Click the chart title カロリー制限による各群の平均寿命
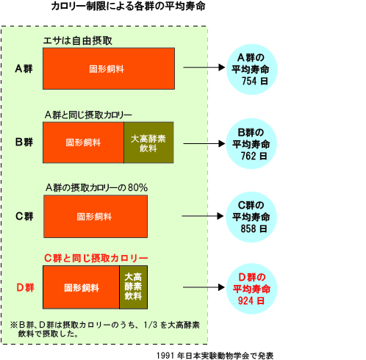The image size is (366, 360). point(128,7)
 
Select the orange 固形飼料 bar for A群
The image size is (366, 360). point(109,68)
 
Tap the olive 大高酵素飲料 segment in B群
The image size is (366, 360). point(148,143)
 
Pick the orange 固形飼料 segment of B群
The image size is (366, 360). point(83,143)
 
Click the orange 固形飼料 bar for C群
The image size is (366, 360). point(96,216)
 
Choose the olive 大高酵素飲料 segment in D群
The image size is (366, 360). point(134,287)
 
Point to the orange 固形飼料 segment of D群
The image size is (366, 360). point(81,287)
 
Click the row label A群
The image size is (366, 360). point(24,68)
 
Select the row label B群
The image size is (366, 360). point(24,142)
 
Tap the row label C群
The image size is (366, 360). point(24,216)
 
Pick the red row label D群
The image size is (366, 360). point(25,287)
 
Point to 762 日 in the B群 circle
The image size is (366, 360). point(254,156)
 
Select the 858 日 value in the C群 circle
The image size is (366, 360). point(254,228)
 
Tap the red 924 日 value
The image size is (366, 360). point(251,300)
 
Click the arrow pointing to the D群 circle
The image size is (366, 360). point(204,287)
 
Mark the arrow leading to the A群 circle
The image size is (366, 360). point(204,67)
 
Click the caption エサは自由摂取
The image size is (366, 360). point(77,40)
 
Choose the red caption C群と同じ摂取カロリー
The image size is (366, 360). point(96,258)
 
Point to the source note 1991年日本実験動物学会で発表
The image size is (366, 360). point(215,356)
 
